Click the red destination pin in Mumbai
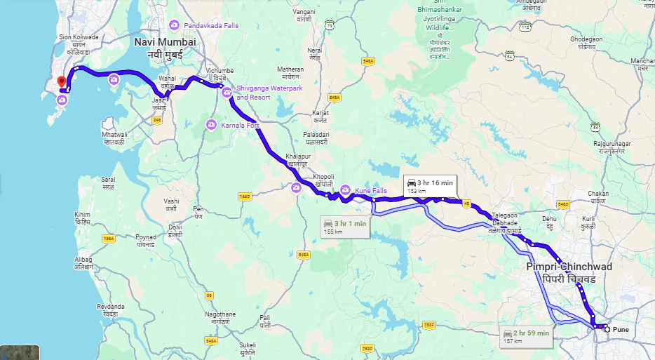[61, 82]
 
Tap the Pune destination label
[621, 329]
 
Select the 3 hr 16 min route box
[431, 185]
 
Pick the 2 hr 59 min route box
[526, 336]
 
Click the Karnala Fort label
[240, 125]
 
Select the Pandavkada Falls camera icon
[174, 25]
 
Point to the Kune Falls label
[370, 189]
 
